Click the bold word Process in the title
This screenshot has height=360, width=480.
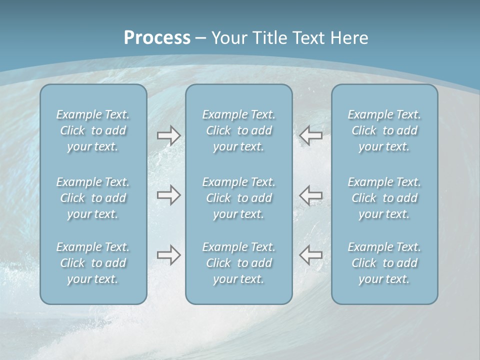coord(157,38)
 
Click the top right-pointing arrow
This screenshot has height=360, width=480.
coord(168,135)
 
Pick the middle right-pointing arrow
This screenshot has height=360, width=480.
coord(168,195)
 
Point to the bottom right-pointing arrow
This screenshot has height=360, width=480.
coord(168,255)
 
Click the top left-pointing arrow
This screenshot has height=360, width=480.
coord(310,135)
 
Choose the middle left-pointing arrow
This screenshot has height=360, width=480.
coord(310,195)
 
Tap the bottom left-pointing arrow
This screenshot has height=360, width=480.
coord(310,255)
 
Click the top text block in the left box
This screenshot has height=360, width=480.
coord(93,130)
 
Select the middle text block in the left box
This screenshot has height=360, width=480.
coord(93,198)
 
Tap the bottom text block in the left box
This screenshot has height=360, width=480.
coord(93,263)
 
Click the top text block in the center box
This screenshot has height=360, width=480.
coord(238,130)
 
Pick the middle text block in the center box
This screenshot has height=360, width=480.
coord(238,198)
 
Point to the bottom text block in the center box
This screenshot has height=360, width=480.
coord(238,263)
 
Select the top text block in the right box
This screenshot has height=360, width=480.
coord(384,130)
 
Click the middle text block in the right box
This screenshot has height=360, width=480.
coord(384,198)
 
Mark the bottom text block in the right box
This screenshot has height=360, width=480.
coord(384,263)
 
